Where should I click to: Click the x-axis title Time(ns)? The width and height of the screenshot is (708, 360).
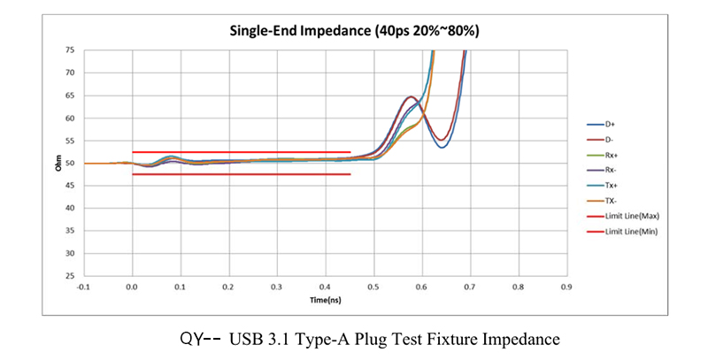point(324,301)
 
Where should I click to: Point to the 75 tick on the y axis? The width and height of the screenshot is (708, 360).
point(70,50)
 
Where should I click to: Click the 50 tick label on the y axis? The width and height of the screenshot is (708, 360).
point(70,164)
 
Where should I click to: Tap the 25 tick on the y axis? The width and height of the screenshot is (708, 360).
point(70,276)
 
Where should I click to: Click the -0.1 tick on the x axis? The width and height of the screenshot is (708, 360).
point(84,287)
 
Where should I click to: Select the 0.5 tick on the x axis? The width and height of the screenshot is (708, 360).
point(373,287)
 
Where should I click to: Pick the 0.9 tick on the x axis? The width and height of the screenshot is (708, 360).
point(566,287)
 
